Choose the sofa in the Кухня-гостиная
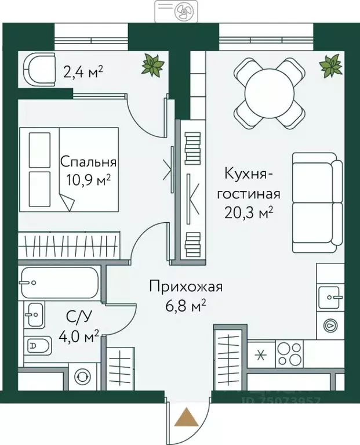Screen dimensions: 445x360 314,202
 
